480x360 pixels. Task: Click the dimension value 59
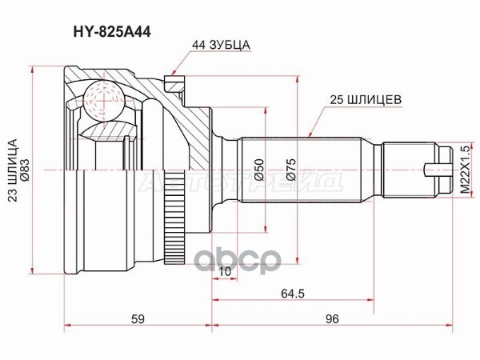pos(138,319)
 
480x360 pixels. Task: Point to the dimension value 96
pos(333,319)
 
